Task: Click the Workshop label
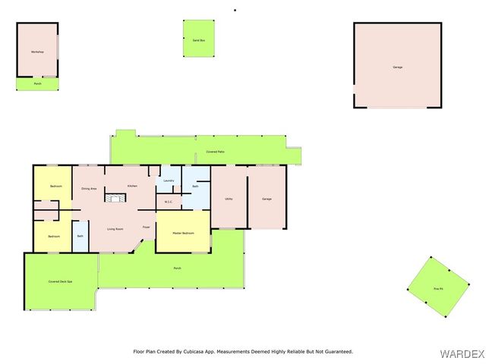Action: click(x=36, y=52)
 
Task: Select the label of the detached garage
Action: click(x=397, y=67)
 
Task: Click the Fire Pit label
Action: click(x=437, y=289)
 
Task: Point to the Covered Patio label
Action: click(x=215, y=152)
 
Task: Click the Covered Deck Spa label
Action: click(x=60, y=281)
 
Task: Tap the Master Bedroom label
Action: click(x=182, y=233)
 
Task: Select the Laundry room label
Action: click(x=169, y=180)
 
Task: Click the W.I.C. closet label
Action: click(x=169, y=202)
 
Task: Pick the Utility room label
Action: click(x=229, y=199)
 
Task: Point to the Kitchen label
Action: click(x=132, y=186)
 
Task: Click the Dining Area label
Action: click(x=89, y=188)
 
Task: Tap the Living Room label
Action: click(x=115, y=229)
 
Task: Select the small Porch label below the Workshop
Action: click(x=38, y=83)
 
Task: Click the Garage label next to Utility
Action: click(x=267, y=199)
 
